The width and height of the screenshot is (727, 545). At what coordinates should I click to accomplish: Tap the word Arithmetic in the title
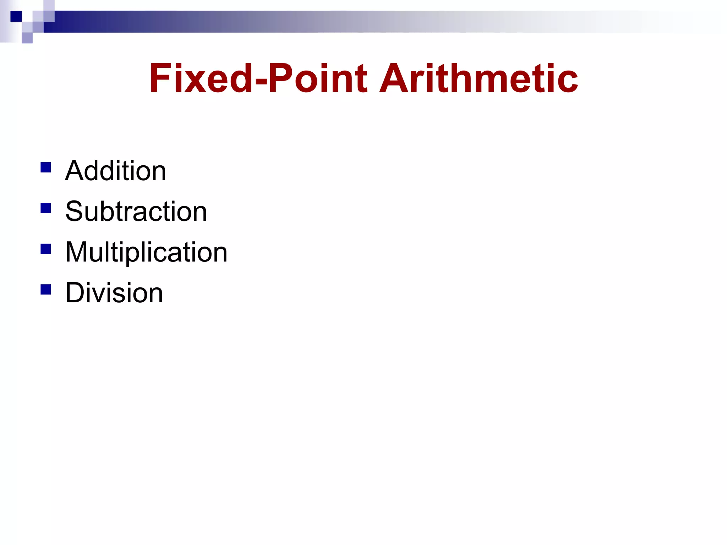tap(479, 78)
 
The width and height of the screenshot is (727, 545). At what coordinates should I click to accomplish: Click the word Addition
tap(115, 171)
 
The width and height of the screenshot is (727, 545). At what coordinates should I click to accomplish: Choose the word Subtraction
tap(136, 212)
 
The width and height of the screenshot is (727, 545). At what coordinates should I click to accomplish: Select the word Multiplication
tap(146, 252)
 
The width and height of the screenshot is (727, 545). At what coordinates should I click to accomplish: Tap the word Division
tap(114, 293)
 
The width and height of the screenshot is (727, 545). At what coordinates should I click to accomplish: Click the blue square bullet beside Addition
tap(46, 167)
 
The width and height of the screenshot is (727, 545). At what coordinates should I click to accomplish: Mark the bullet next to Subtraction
tap(46, 208)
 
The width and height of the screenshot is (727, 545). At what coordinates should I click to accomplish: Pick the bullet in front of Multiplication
tap(46, 249)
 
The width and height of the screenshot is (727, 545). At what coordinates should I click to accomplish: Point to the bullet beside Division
tap(46, 290)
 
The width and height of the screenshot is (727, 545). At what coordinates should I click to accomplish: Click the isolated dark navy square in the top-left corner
tap(16, 16)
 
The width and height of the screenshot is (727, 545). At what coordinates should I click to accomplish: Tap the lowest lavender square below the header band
tap(27, 38)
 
